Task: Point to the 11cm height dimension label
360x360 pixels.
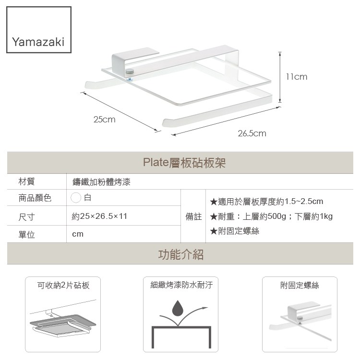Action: point(296,77)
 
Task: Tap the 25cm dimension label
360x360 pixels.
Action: point(105,119)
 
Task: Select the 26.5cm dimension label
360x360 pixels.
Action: point(252,133)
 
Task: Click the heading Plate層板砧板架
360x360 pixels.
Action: point(184,163)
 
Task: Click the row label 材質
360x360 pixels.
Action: point(26,181)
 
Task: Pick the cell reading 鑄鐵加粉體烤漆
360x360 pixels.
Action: point(101,182)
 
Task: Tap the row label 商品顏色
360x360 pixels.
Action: point(35,197)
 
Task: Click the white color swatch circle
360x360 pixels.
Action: point(76,197)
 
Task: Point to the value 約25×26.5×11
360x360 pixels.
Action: point(99,216)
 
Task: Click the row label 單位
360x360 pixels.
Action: point(26,235)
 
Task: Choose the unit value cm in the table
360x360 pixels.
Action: point(77,234)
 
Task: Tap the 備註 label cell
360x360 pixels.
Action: point(193,216)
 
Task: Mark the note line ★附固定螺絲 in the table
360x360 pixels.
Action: point(235,231)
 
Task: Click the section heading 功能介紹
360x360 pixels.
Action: point(180,254)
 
